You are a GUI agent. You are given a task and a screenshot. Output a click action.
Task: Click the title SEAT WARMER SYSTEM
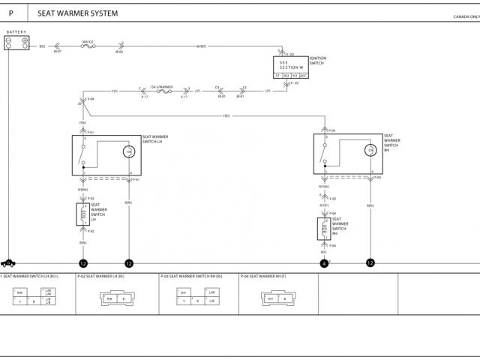77,13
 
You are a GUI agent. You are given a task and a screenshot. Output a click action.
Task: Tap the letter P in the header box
10,13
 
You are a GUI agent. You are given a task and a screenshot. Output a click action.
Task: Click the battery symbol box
16,43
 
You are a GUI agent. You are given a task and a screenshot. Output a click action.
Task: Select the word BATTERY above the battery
16,32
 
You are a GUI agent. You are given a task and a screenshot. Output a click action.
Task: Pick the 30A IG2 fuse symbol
88,46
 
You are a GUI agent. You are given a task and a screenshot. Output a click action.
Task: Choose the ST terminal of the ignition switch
277,75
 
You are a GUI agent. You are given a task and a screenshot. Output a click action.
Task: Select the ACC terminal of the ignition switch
303,75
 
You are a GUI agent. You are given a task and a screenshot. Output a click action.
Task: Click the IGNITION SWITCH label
317,61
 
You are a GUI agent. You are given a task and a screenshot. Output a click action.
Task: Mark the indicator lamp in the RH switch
369,151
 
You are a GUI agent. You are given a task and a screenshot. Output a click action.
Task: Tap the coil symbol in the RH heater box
324,229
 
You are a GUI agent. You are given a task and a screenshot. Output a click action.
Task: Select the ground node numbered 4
324,263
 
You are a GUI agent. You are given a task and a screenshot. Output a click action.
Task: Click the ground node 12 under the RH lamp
370,263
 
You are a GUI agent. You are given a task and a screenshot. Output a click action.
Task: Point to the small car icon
9,263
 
